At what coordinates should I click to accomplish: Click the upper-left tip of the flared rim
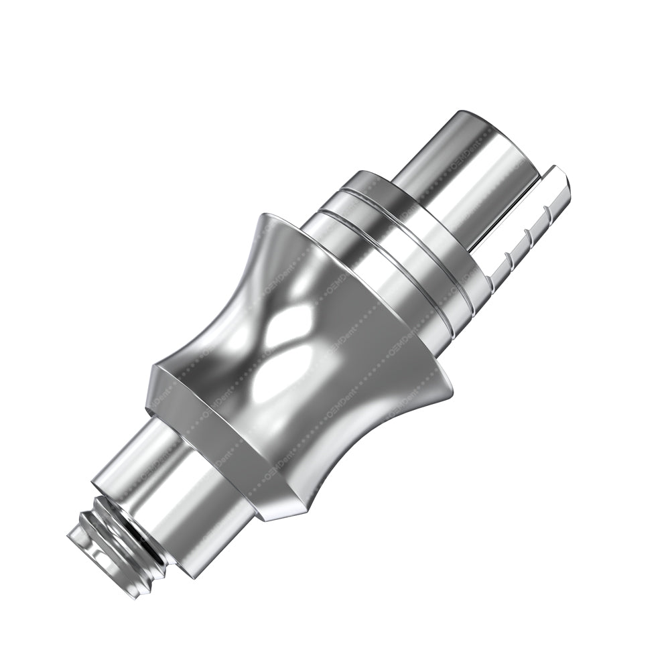(x=264, y=217)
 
